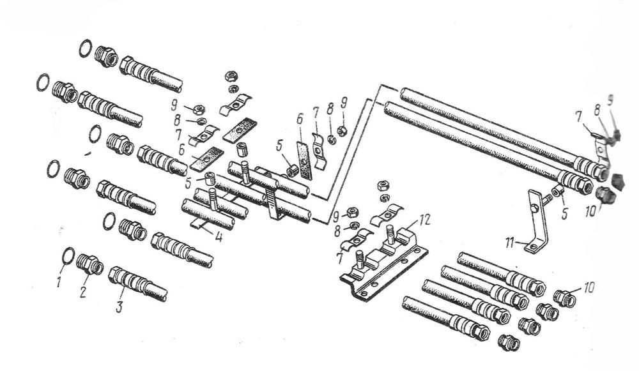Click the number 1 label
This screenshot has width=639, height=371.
[x=59, y=282]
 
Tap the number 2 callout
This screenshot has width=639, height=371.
[x=84, y=292]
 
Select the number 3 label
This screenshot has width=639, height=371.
[x=119, y=307]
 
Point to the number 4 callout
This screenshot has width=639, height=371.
[x=219, y=237]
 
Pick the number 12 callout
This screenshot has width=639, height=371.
[x=423, y=220]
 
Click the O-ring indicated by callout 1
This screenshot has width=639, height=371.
[x=69, y=255]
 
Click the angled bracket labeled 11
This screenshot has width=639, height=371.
[x=533, y=220]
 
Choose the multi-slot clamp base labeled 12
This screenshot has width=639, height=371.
[x=383, y=265]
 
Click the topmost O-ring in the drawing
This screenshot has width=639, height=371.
[x=85, y=49]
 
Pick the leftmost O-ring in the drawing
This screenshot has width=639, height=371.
[x=43, y=82]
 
